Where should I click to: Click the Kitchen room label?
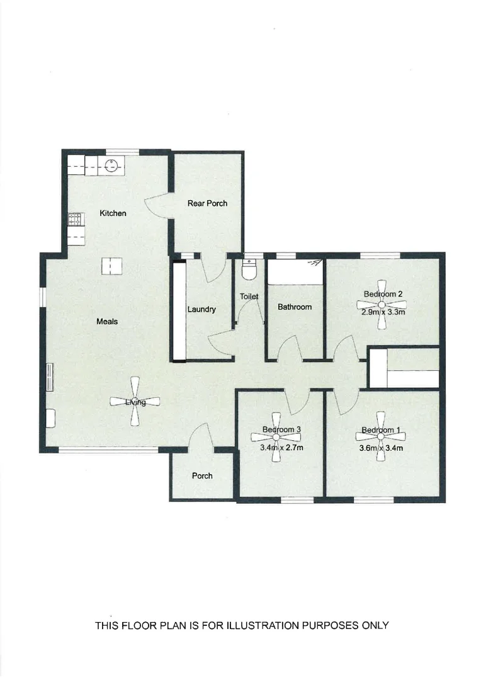pyautogui.click(x=113, y=213)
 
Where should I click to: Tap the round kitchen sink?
pyautogui.click(x=111, y=166)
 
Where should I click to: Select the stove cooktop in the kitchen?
pyautogui.click(x=74, y=220)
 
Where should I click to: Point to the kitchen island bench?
pyautogui.click(x=110, y=266)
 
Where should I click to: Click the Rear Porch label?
pyautogui.click(x=207, y=203)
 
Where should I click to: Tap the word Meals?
pyautogui.click(x=107, y=322)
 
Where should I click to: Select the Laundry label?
pyautogui.click(x=201, y=310)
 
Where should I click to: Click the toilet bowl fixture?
pyautogui.click(x=249, y=271)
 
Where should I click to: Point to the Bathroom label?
pyautogui.click(x=295, y=307)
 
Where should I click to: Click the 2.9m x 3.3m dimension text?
pyautogui.click(x=382, y=312)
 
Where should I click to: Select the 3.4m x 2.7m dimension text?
pyautogui.click(x=282, y=448)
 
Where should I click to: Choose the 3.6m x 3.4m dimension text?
pyautogui.click(x=380, y=448)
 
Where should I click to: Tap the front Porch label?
pyautogui.click(x=202, y=476)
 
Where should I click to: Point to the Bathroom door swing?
pyautogui.click(x=290, y=348)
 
